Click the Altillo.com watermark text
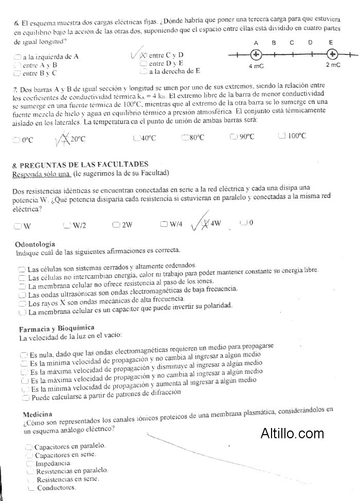[292, 433]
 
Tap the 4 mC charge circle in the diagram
[256, 55]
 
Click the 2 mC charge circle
[332, 55]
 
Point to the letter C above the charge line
[292, 43]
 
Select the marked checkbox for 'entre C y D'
[143, 56]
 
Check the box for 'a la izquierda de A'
[18, 57]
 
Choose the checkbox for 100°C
[281, 136]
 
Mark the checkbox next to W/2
[67, 225]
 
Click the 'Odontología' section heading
[35, 244]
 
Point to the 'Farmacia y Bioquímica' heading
[57, 328]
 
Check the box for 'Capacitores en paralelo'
[29, 446]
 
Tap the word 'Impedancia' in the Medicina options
[53, 463]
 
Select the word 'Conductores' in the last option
[56, 488]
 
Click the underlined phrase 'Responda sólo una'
[41, 174]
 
